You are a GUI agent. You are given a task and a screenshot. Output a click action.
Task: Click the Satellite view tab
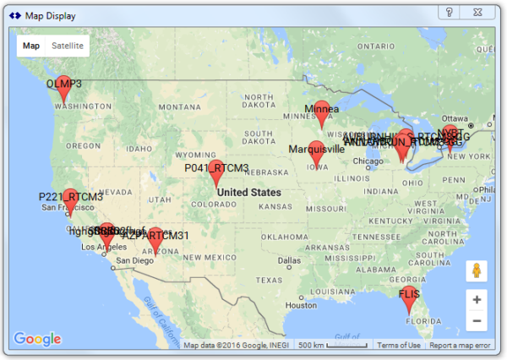[68, 46]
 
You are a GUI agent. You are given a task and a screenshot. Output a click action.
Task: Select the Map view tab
[31, 46]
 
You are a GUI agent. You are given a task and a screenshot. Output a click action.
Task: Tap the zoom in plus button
[477, 300]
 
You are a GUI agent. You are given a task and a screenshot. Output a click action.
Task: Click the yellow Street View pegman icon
[477, 271]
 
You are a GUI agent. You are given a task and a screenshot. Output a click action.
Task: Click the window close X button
[479, 11]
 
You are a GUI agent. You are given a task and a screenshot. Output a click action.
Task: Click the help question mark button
[450, 11]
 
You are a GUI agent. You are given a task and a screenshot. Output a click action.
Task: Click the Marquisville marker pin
[316, 154]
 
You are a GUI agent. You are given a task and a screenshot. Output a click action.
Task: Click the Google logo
[37, 339]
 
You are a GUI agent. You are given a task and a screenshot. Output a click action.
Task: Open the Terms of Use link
[399, 345]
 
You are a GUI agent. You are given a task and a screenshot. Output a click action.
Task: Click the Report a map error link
[460, 345]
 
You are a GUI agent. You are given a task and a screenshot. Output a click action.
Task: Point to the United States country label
[249, 192]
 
